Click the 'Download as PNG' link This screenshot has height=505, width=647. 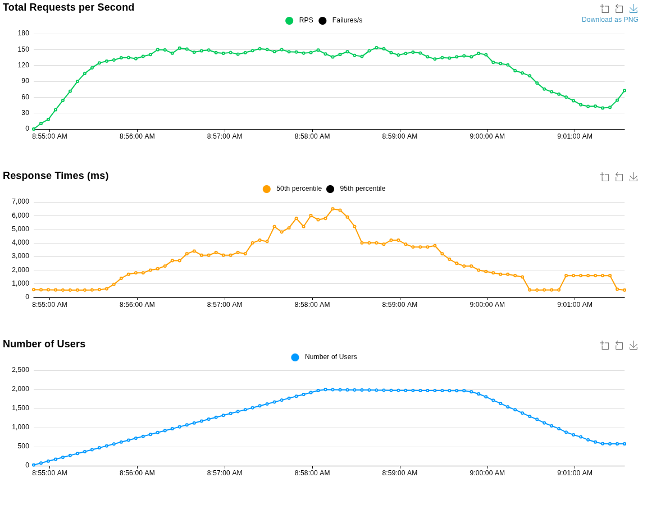tap(610, 20)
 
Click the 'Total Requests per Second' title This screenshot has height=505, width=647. tap(69, 8)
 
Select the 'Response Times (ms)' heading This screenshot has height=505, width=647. tap(56, 176)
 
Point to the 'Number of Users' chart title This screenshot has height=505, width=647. tap(44, 345)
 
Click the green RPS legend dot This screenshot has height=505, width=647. tap(289, 21)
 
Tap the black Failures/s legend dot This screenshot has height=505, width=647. tap(322, 21)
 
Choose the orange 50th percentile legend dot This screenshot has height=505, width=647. tap(267, 189)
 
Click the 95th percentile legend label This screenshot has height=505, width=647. tap(362, 189)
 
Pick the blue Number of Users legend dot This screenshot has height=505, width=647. tap(295, 357)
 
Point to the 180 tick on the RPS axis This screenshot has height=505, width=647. tap(23, 33)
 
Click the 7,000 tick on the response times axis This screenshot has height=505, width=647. tap(20, 201)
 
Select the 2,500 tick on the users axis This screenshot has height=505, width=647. tap(20, 370)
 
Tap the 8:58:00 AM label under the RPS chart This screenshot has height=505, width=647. tap(312, 136)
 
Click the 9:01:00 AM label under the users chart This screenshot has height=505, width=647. tap(575, 473)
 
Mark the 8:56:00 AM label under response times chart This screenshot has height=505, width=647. tap(137, 305)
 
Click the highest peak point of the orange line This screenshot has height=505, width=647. tap(332, 209)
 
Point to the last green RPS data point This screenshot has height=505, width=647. tap(625, 90)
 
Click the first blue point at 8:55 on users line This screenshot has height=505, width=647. tap(34, 465)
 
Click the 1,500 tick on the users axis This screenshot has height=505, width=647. tap(20, 408)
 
